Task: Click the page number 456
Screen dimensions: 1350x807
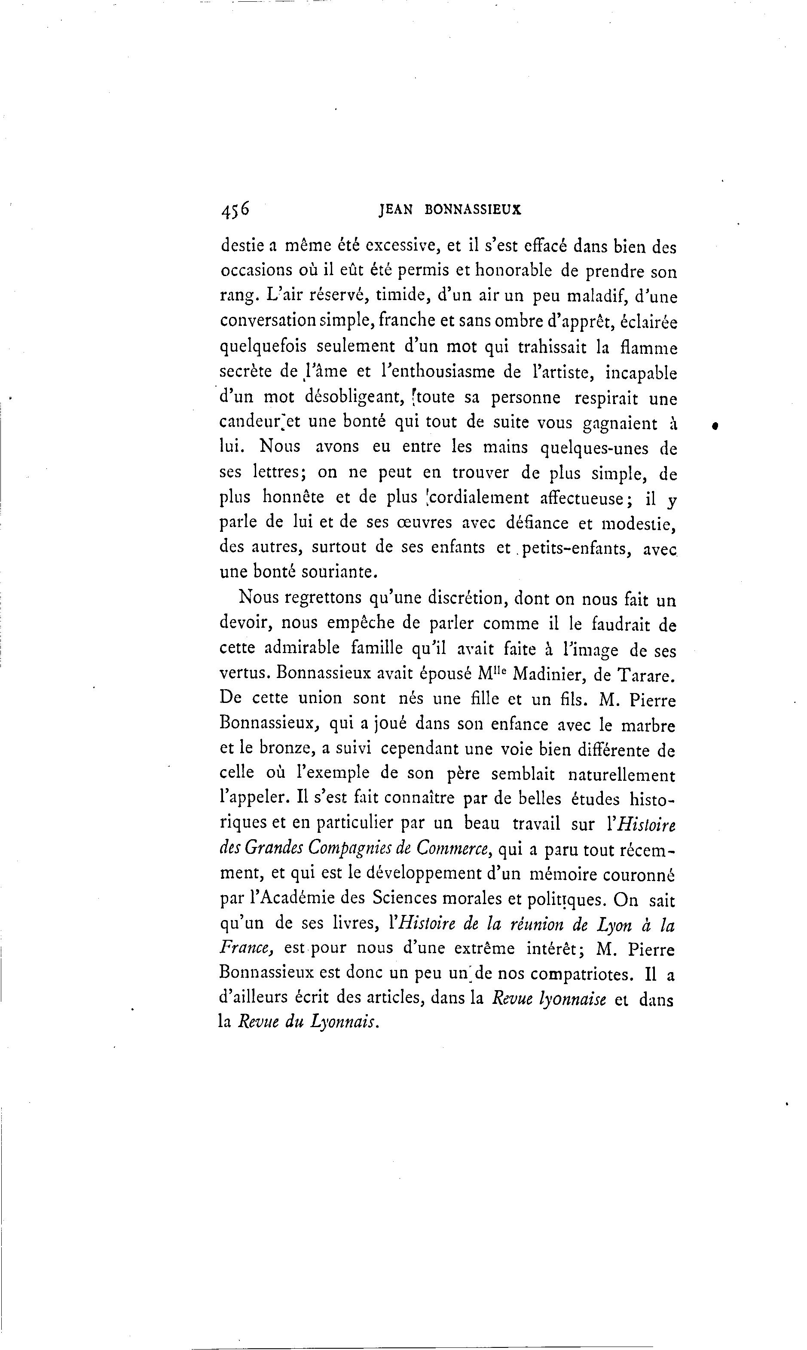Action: pos(235,210)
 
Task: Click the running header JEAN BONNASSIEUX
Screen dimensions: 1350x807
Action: pos(450,210)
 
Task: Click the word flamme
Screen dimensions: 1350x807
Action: pos(649,347)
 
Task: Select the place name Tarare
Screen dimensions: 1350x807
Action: pos(645,675)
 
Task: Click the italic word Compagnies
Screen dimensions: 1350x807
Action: pos(355,850)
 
